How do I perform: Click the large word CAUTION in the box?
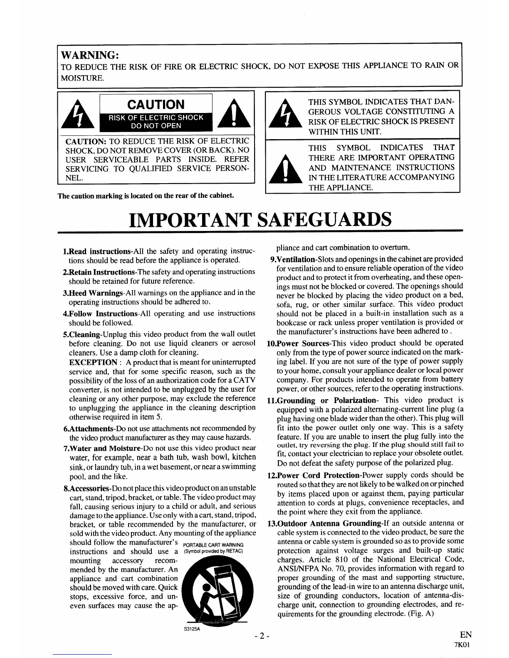156,104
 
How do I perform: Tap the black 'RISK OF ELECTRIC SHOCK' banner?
156,122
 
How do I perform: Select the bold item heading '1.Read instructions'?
96,251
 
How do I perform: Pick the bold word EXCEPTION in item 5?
93,362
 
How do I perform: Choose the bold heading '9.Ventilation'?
292,259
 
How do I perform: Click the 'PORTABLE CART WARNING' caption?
213,545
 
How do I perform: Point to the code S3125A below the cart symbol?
192,629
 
